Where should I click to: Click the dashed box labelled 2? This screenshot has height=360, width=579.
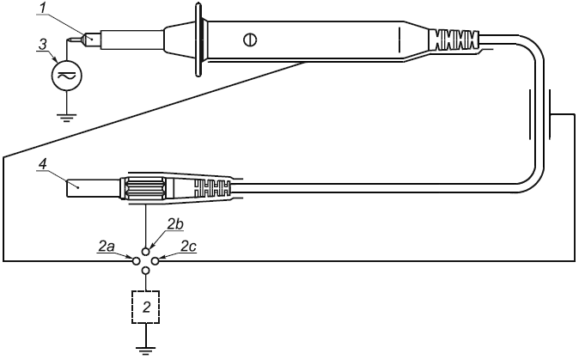point(145,307)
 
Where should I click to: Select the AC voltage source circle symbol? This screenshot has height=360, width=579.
point(65,76)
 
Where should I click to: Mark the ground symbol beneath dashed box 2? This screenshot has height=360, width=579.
point(145,345)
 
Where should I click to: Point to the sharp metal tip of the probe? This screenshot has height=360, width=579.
point(78,39)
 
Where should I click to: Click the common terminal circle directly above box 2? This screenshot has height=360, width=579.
point(145,270)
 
